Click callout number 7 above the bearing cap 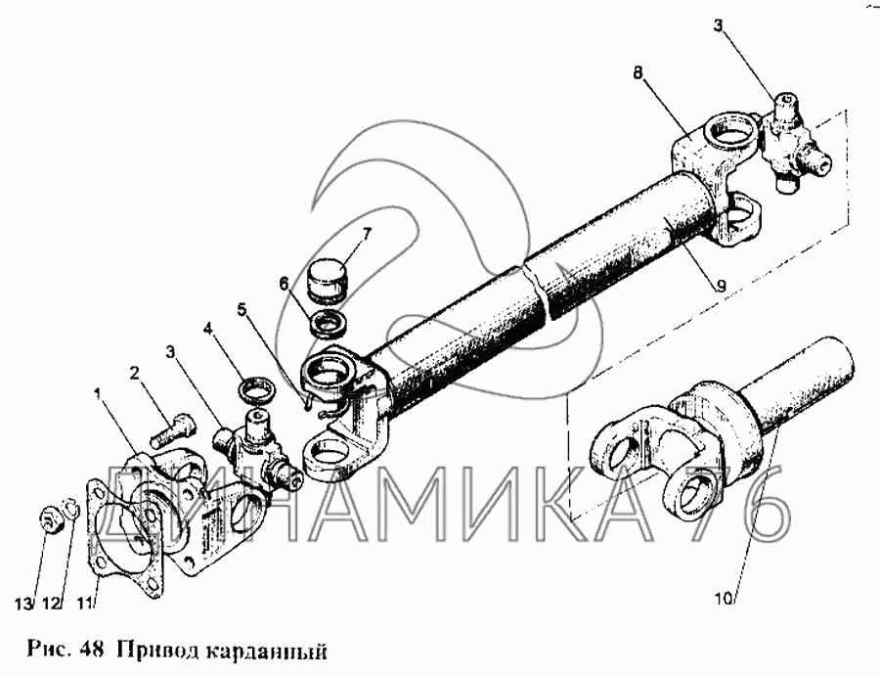pos(367,234)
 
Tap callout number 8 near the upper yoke pos(638,73)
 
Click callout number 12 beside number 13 pos(51,604)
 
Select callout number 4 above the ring pos(207,327)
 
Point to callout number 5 pos(242,309)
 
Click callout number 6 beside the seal pos(285,285)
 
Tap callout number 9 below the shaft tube pos(721,287)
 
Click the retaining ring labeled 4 pos(256,390)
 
